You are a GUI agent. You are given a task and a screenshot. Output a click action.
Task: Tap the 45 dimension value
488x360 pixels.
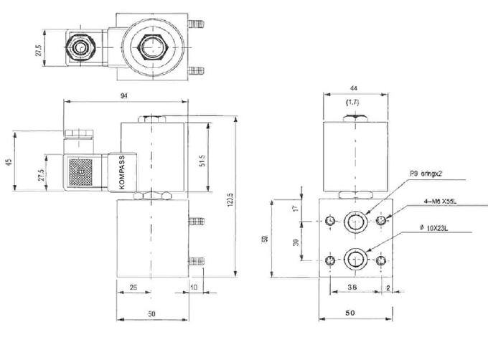pos(9,162)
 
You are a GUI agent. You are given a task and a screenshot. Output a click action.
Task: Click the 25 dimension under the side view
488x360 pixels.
pos(134,288)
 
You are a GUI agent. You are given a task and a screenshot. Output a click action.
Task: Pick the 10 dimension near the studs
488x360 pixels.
pos(194,288)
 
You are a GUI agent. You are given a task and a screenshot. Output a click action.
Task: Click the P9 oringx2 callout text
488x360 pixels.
pos(428,174)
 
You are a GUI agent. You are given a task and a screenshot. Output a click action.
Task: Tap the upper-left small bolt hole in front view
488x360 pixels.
pos(330,220)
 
